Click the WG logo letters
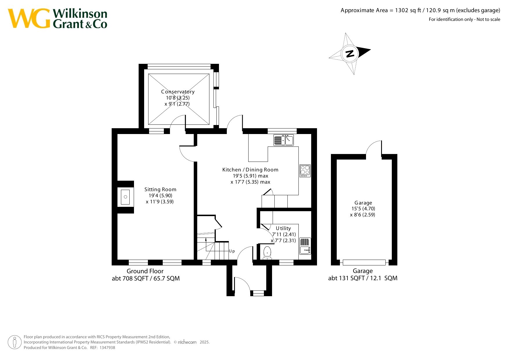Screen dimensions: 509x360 pyautogui.click(x=29, y=18)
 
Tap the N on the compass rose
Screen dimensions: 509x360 pyautogui.click(x=350, y=54)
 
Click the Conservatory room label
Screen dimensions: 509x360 pyautogui.click(x=178, y=92)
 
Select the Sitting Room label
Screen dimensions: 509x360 pyautogui.click(x=160, y=189)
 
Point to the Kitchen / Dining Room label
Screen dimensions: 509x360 pyautogui.click(x=250, y=170)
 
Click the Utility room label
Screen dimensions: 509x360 pyautogui.click(x=283, y=228)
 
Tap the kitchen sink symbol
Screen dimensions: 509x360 pyautogui.click(x=283, y=140)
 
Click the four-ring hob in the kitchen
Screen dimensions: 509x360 pyautogui.click(x=305, y=171)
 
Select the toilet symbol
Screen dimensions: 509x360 pyautogui.click(x=267, y=253)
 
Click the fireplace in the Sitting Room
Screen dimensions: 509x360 pyautogui.click(x=125, y=197)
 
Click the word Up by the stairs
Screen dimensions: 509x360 pyautogui.click(x=232, y=251)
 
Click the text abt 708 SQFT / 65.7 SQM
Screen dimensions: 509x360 pyautogui.click(x=146, y=278)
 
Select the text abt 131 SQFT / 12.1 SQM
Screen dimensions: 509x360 pyautogui.click(x=363, y=278)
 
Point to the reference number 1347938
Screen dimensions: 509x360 pyautogui.click(x=107, y=348)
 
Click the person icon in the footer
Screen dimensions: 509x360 pyautogui.click(x=15, y=342)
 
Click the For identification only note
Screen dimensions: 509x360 pyautogui.click(x=465, y=19)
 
